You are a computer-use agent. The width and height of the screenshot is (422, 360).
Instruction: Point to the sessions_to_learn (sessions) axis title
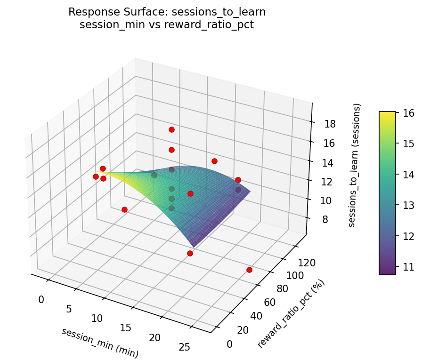pos(357,165)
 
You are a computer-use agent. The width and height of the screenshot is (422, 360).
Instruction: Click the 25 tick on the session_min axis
pos(184,347)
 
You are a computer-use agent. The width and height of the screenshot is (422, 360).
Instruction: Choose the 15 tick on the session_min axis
pos(126,328)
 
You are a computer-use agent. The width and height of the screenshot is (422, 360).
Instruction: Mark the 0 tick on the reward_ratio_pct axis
pos(229,344)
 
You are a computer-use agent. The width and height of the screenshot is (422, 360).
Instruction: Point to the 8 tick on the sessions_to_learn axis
pos(324,220)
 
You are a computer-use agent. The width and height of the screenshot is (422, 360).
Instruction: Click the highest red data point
pos(171,129)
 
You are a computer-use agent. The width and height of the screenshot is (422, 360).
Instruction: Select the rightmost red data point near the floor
pos(249,270)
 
